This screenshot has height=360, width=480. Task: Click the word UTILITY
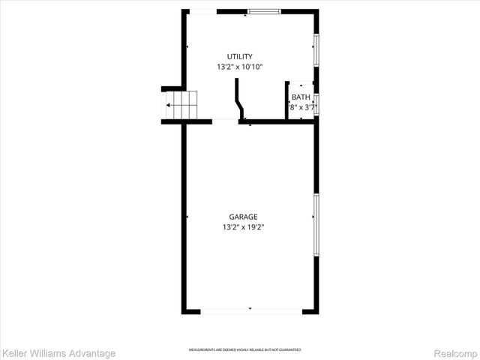click(240, 56)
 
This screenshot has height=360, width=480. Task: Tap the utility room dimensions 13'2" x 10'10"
click(240, 67)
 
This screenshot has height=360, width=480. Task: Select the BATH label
click(301, 97)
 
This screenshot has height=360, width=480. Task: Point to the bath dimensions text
click(301, 107)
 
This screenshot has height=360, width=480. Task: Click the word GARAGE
click(244, 217)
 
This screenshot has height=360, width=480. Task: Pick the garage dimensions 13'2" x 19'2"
click(244, 227)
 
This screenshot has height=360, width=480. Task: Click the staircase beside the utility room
click(180, 105)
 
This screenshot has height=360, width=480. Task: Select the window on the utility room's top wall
click(265, 11)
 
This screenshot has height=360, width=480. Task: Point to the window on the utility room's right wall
click(316, 50)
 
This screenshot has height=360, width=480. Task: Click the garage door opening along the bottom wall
click(250, 310)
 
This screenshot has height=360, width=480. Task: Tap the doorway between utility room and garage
click(226, 121)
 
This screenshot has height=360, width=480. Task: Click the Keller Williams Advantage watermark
click(58, 352)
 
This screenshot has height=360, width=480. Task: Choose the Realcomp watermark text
click(456, 352)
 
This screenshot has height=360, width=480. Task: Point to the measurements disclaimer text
click(244, 349)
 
